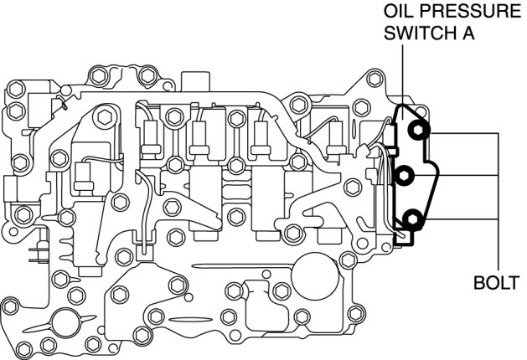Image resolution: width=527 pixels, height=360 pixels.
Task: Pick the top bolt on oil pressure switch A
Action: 416,131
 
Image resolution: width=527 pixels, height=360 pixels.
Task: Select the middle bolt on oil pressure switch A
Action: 405,175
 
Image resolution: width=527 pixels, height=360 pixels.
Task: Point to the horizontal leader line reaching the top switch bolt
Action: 465,132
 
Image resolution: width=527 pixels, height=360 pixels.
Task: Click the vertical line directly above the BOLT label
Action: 500,243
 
